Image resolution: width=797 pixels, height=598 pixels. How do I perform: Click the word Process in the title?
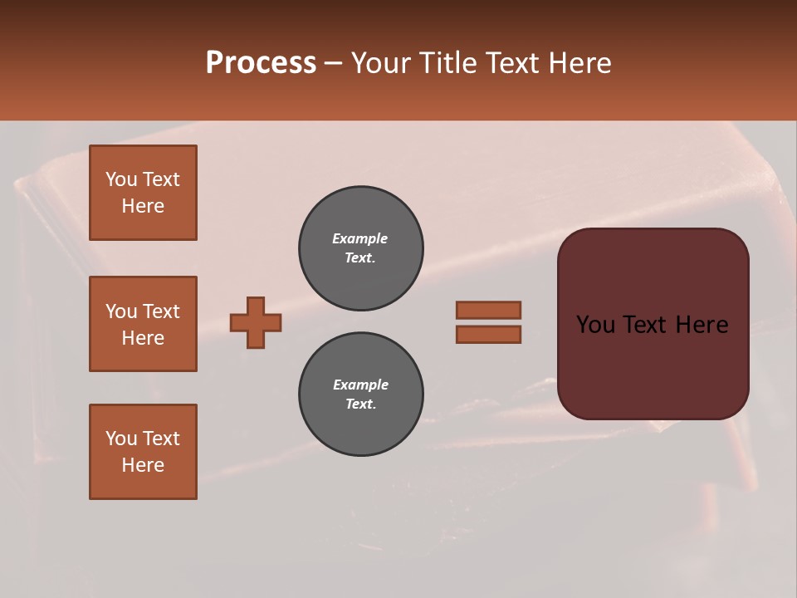click(x=261, y=63)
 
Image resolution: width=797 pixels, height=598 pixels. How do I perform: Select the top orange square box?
click(x=143, y=193)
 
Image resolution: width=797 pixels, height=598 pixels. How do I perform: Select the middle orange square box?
click(x=143, y=324)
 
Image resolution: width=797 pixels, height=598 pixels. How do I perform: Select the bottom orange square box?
click(x=143, y=452)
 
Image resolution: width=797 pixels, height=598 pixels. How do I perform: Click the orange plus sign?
click(x=256, y=322)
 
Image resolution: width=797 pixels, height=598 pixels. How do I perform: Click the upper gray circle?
click(x=361, y=248)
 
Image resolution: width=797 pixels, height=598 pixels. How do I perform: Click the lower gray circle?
click(x=361, y=395)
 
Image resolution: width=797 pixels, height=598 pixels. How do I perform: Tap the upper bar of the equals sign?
click(x=488, y=310)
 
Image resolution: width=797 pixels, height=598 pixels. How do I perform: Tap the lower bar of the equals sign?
click(x=488, y=335)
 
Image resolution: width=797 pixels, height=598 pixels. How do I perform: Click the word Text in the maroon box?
click(x=646, y=324)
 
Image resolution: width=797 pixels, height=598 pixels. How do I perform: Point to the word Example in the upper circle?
click(x=360, y=238)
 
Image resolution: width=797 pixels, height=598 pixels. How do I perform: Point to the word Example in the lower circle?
click(x=360, y=385)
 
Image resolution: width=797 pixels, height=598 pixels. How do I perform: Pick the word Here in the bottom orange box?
click(x=143, y=465)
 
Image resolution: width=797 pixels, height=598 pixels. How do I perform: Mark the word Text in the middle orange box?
click(x=161, y=311)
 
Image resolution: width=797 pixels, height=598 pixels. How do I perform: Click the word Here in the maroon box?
click(x=702, y=324)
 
